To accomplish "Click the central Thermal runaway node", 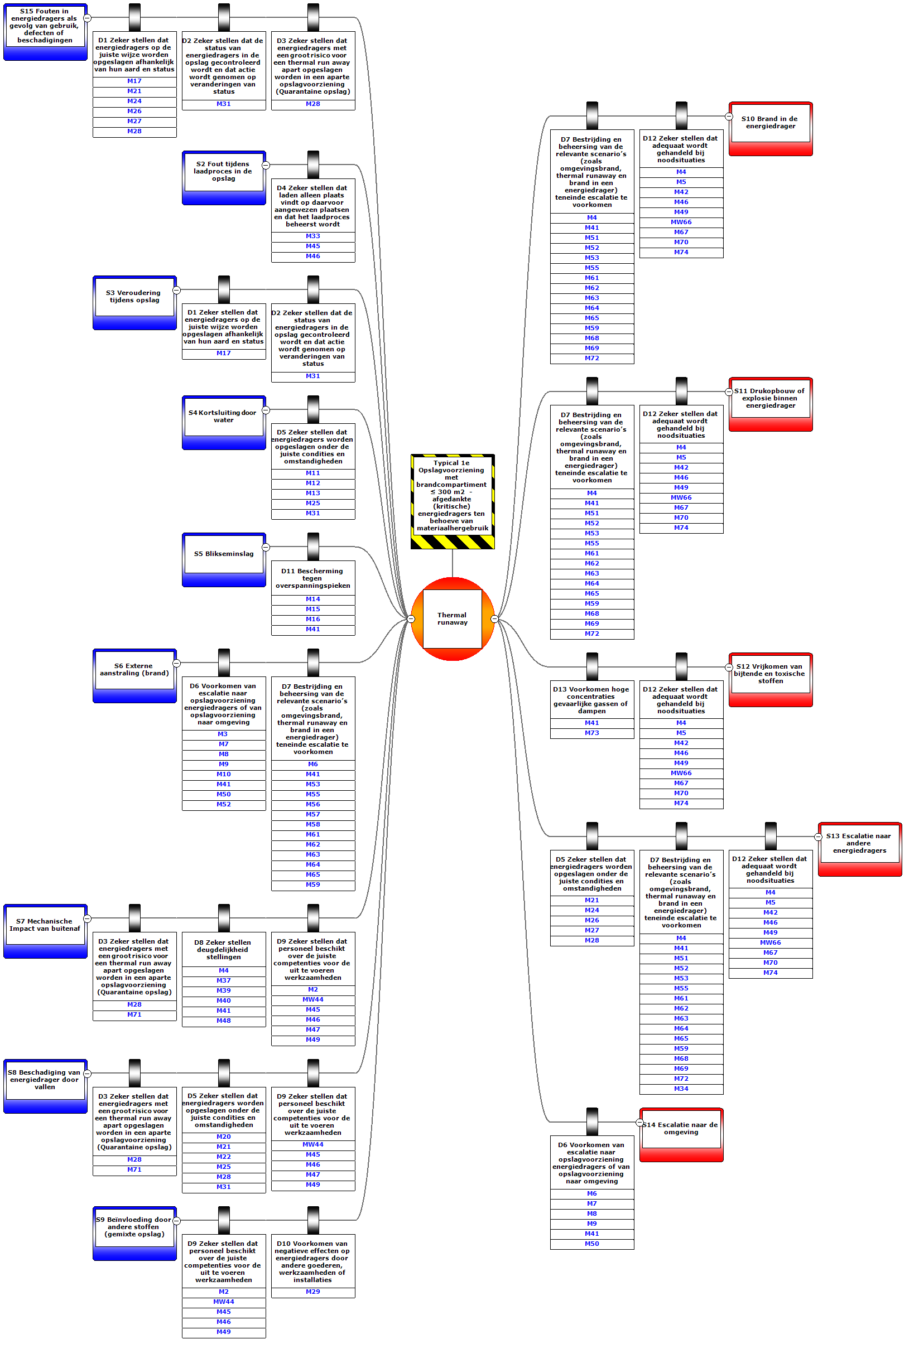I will [452, 619].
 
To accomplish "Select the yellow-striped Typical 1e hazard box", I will [452, 496].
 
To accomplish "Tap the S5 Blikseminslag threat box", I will [224, 554].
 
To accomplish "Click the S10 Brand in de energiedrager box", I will [769, 123].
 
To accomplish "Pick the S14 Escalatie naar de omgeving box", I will [681, 1129].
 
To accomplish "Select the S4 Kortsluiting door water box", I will [224, 417].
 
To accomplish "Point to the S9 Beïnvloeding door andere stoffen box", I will [134, 1227].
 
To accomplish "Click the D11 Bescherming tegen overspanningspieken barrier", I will [312, 578].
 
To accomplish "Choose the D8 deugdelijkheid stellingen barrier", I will [224, 950].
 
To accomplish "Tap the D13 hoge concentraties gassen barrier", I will [591, 700].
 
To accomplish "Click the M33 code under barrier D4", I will [312, 236].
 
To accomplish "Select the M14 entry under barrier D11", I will [312, 599].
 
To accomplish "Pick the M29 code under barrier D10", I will [312, 1292].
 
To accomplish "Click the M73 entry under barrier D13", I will [591, 733].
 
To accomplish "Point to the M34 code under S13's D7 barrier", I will [681, 1089].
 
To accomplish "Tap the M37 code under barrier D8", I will [224, 980].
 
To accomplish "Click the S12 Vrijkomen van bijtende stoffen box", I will [769, 674].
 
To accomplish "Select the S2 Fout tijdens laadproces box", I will [224, 172].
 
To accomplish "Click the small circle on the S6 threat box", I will [176, 664].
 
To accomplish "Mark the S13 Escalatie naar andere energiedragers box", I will [859, 843].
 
